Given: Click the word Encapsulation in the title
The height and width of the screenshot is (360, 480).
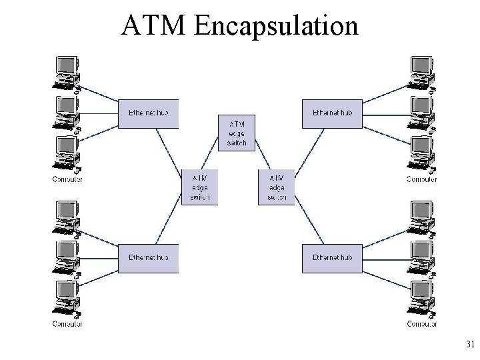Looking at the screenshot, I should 275,27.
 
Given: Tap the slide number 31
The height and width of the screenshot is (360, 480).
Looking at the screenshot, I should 469,345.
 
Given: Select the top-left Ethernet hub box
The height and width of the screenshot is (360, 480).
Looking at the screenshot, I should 149,113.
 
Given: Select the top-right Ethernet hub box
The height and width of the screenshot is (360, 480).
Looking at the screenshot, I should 331,113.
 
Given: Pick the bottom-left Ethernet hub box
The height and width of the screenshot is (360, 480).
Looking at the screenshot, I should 149,258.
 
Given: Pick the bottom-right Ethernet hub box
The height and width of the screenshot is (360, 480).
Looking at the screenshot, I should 331,258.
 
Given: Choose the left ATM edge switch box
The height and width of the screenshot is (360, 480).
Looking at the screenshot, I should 200,187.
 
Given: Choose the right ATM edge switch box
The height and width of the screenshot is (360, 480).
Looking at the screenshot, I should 276,187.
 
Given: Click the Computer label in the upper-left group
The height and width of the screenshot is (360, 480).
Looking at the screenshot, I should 67,179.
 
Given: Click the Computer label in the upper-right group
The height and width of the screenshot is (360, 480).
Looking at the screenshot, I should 422,179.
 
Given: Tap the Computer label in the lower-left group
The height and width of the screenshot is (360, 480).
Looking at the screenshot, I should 67,324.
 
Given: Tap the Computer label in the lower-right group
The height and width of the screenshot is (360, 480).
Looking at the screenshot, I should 422,324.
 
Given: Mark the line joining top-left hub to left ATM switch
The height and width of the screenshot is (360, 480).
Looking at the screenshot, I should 170,148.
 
